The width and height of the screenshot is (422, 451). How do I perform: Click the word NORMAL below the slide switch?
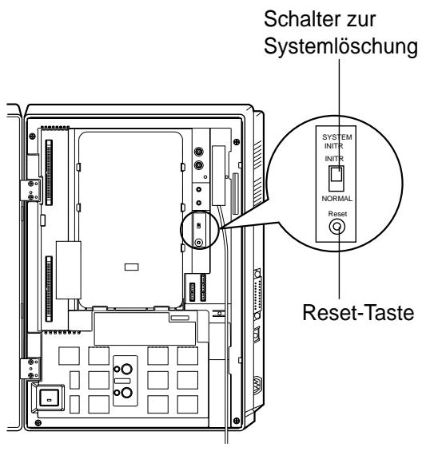(x=338, y=196)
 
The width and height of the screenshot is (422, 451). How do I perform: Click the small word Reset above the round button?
(x=338, y=213)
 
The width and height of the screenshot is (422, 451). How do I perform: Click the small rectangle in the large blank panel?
(x=133, y=263)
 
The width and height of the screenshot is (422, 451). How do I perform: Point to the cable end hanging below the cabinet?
(x=232, y=437)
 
